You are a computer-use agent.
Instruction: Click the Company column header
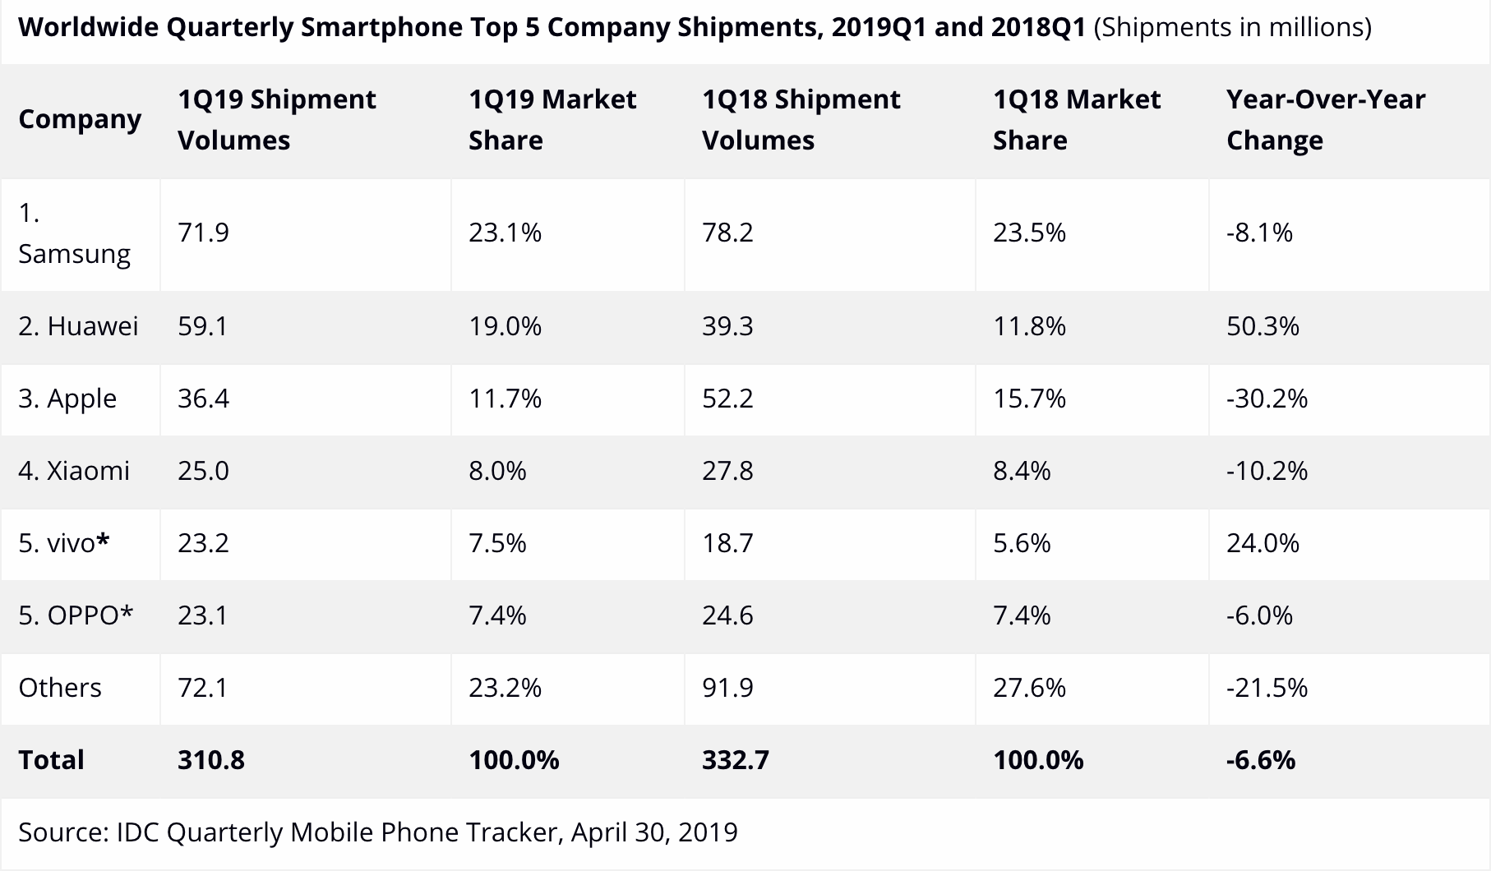click(80, 120)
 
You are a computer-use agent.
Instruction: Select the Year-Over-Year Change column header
click(1325, 120)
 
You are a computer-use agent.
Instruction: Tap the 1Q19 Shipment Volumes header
click(276, 120)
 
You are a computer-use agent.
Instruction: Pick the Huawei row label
click(78, 327)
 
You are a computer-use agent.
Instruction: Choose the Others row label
click(60, 688)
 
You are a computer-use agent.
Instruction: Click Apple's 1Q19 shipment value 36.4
click(203, 399)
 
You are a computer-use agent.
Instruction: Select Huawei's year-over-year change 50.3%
click(1263, 327)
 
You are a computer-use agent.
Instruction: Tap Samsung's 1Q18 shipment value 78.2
click(727, 233)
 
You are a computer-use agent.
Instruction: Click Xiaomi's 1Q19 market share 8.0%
click(497, 472)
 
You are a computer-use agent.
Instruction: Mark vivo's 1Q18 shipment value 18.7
click(727, 544)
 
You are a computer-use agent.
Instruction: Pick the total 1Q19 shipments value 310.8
click(211, 760)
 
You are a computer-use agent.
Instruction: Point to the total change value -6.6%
click(1261, 760)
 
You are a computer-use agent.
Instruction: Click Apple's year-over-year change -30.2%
click(1267, 399)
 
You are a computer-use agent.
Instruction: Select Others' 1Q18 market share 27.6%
click(1029, 688)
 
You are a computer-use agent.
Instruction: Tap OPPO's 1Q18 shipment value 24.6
click(727, 615)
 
